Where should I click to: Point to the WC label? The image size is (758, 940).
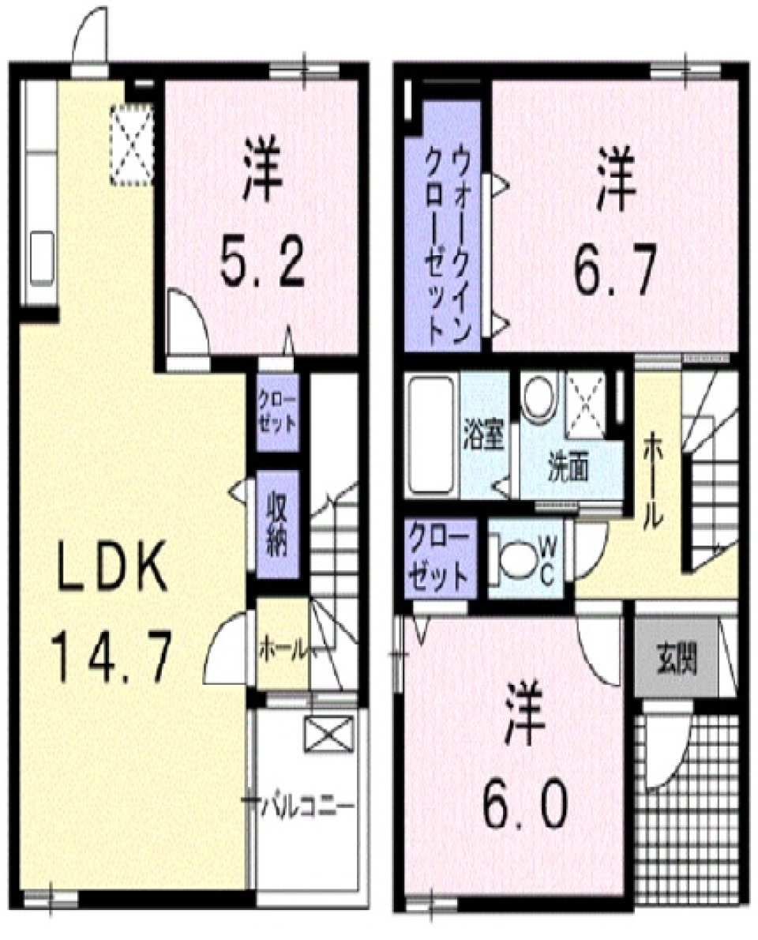coord(549,558)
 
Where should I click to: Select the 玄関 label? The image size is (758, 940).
coord(677,657)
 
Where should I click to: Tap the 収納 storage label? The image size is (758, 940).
coord(277,523)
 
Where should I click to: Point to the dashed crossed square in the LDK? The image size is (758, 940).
coord(131,145)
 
